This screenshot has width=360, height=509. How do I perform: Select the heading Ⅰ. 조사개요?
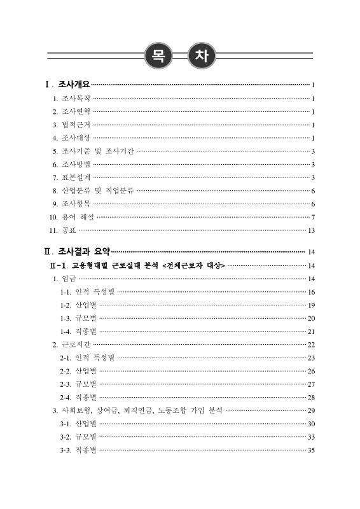[67, 84]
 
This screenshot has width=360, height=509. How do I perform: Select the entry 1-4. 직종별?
[78, 331]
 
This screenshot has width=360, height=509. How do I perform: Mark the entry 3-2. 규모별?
[78, 437]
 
